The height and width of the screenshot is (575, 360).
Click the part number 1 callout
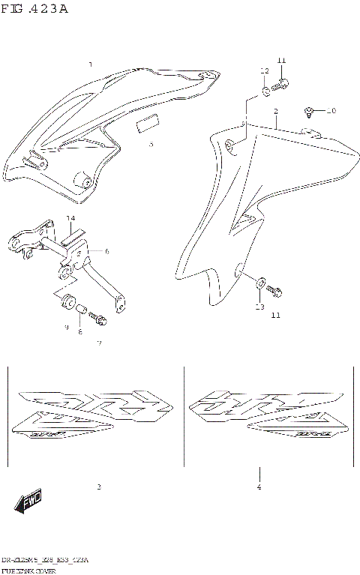point(91,65)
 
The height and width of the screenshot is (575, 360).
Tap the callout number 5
point(151,144)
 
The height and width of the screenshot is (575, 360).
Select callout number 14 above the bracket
point(70,219)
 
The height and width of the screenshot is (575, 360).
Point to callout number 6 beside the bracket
point(106,252)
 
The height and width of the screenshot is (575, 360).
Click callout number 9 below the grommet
point(67,328)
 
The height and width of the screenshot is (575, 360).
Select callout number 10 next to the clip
point(331,111)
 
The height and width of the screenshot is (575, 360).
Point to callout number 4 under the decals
point(259,488)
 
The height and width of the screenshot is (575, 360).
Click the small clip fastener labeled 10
point(309,112)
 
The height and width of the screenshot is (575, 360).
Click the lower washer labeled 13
point(259,283)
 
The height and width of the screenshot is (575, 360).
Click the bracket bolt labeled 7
point(96,319)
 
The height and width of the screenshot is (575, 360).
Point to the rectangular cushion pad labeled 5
point(147,124)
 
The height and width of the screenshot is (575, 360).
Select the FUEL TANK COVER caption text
point(34,570)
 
